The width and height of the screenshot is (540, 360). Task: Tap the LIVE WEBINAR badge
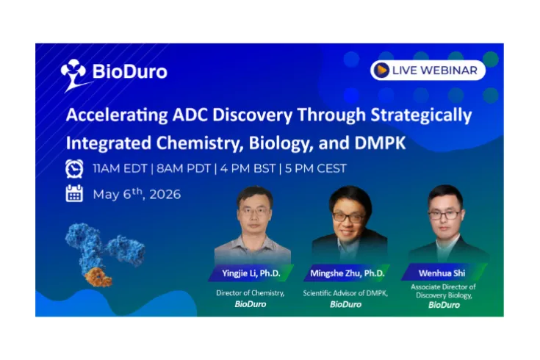coord(428,70)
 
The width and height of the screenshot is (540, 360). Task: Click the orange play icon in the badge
coord(381,70)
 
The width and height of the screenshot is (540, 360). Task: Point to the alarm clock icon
coord(74,168)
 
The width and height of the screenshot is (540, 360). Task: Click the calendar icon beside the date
coord(74,194)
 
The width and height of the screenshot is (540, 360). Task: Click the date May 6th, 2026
coord(137,195)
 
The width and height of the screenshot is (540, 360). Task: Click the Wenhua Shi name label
coord(443,273)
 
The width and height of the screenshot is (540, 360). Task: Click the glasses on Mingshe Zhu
coord(348,217)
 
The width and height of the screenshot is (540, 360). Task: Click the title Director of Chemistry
coord(250,293)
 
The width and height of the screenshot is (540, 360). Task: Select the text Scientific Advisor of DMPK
coord(345,293)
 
